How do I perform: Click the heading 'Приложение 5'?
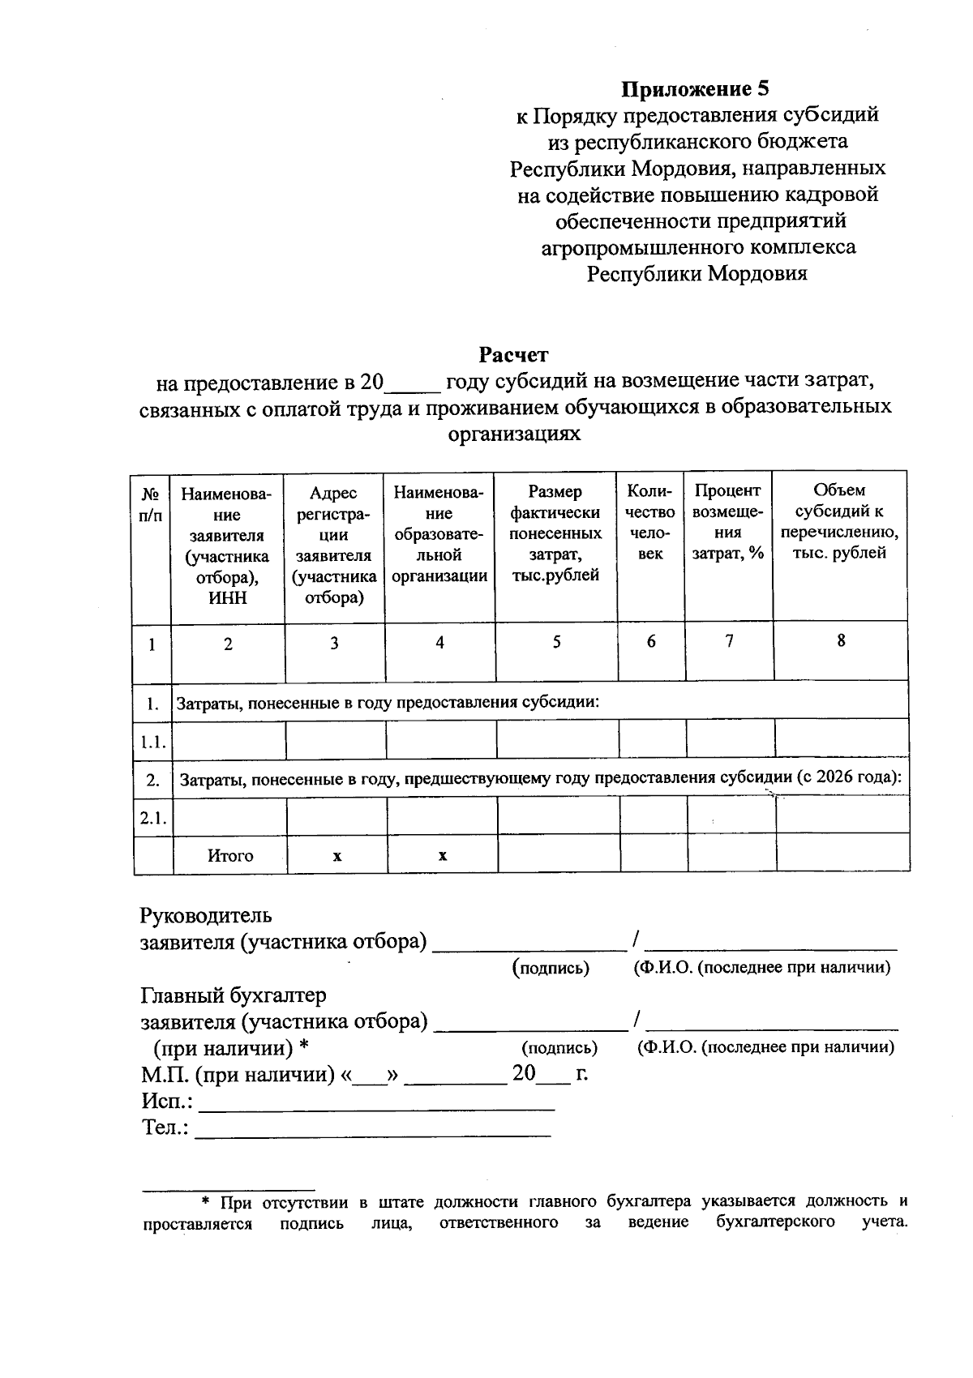pos(695,88)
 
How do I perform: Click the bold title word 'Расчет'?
pos(512,355)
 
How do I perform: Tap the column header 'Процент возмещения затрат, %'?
pos(728,522)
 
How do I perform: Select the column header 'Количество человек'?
pos(650,522)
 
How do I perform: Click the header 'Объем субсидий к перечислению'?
pos(839,522)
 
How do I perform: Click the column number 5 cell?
pos(556,642)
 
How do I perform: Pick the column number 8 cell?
pos(841,640)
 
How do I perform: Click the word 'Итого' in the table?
pos(230,856)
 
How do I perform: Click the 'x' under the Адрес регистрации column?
pos(336,856)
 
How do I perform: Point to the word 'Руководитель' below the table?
pos(206,916)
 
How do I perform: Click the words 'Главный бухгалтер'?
pos(234,995)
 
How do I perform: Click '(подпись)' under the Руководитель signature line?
pos(551,968)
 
